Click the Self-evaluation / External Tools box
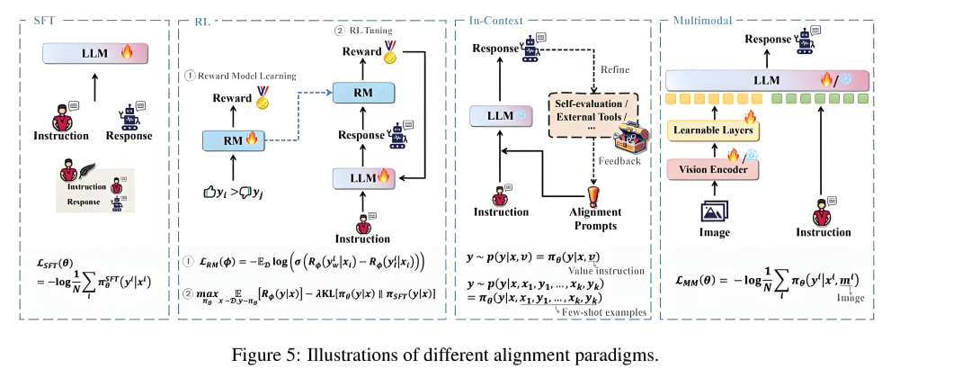[593, 118]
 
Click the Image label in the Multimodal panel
[714, 233]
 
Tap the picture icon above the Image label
[714, 211]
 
